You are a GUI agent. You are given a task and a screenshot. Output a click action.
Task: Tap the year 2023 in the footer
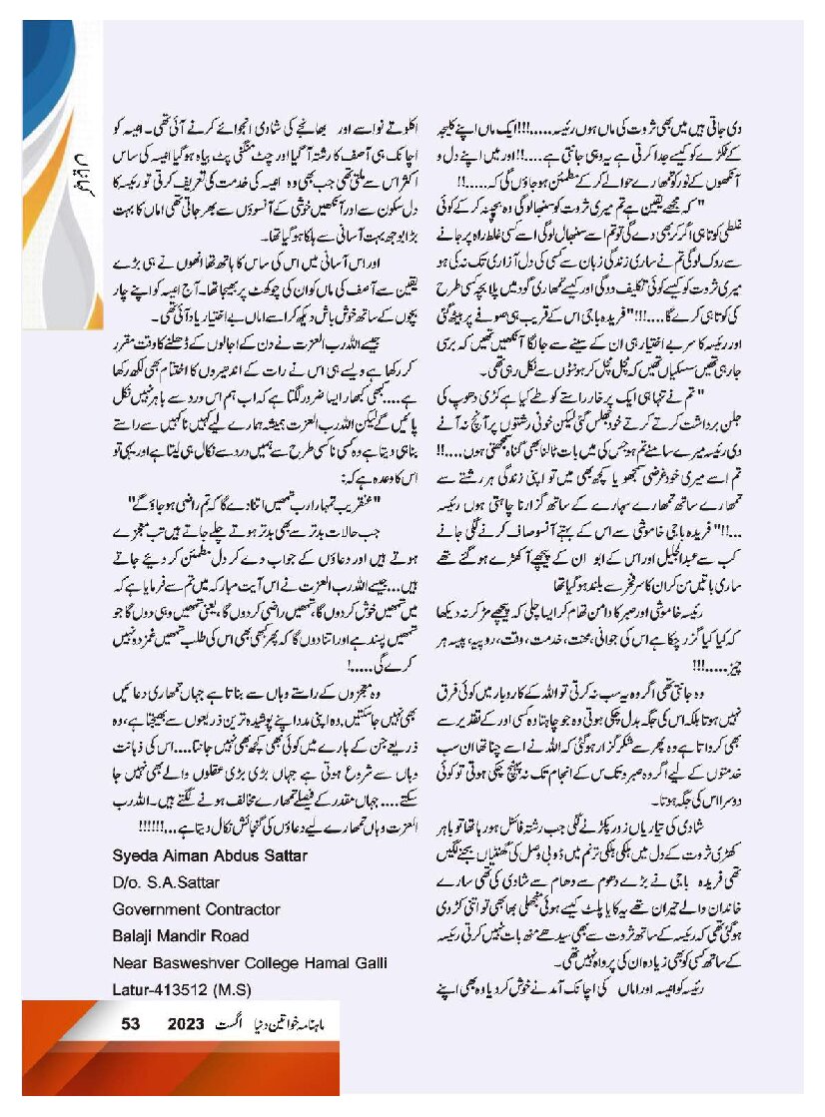click(186, 1023)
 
